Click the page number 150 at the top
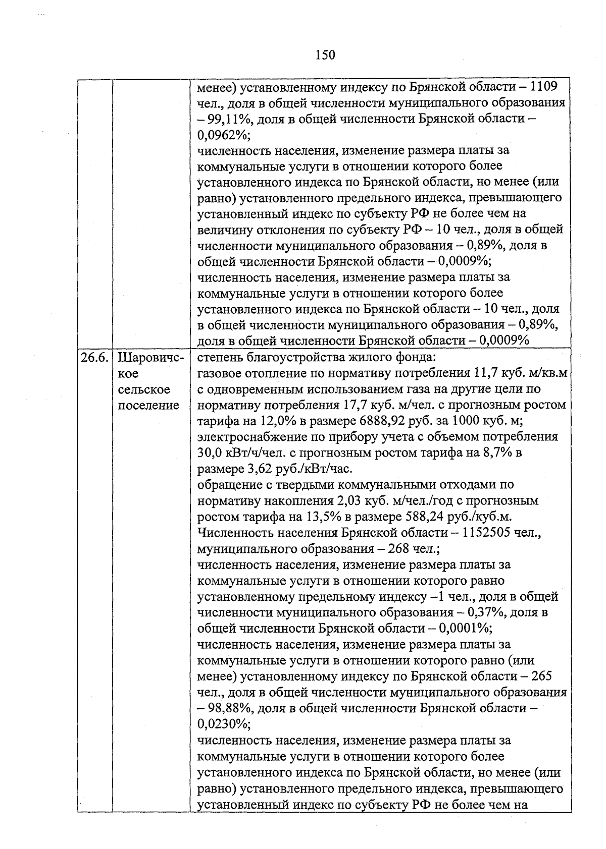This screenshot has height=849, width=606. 325,54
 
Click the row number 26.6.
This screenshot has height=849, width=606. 94,358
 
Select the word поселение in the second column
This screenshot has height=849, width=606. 148,405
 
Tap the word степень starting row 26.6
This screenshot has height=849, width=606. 220,358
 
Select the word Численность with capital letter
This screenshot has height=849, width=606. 234,533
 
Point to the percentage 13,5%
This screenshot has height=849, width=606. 322,517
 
